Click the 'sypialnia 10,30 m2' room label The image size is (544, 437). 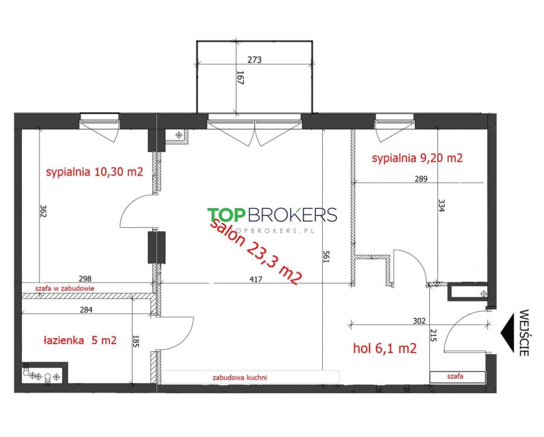pos(94,172)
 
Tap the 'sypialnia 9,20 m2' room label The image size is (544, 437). pos(417,158)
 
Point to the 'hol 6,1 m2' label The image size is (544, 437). pos(385,348)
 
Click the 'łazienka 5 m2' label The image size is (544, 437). pos(80,340)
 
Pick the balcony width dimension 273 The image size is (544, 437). pos(254,60)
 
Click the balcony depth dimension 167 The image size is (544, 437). pos(240,77)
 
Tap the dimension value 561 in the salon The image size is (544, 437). pos(326,257)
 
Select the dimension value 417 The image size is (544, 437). pos(256,279)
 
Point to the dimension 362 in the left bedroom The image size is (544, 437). pos(43,210)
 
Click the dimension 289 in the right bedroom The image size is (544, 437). pos(421,179)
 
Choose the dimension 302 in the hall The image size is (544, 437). pos(419,321)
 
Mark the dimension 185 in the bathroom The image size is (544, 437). pos(136,341)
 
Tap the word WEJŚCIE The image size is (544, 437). pos(524,333)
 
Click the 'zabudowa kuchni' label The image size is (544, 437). pos(240,377)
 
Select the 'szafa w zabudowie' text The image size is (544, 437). pos(65,288)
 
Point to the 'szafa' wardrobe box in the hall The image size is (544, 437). pos(457,377)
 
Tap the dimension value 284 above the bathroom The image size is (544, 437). pos(86,310)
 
